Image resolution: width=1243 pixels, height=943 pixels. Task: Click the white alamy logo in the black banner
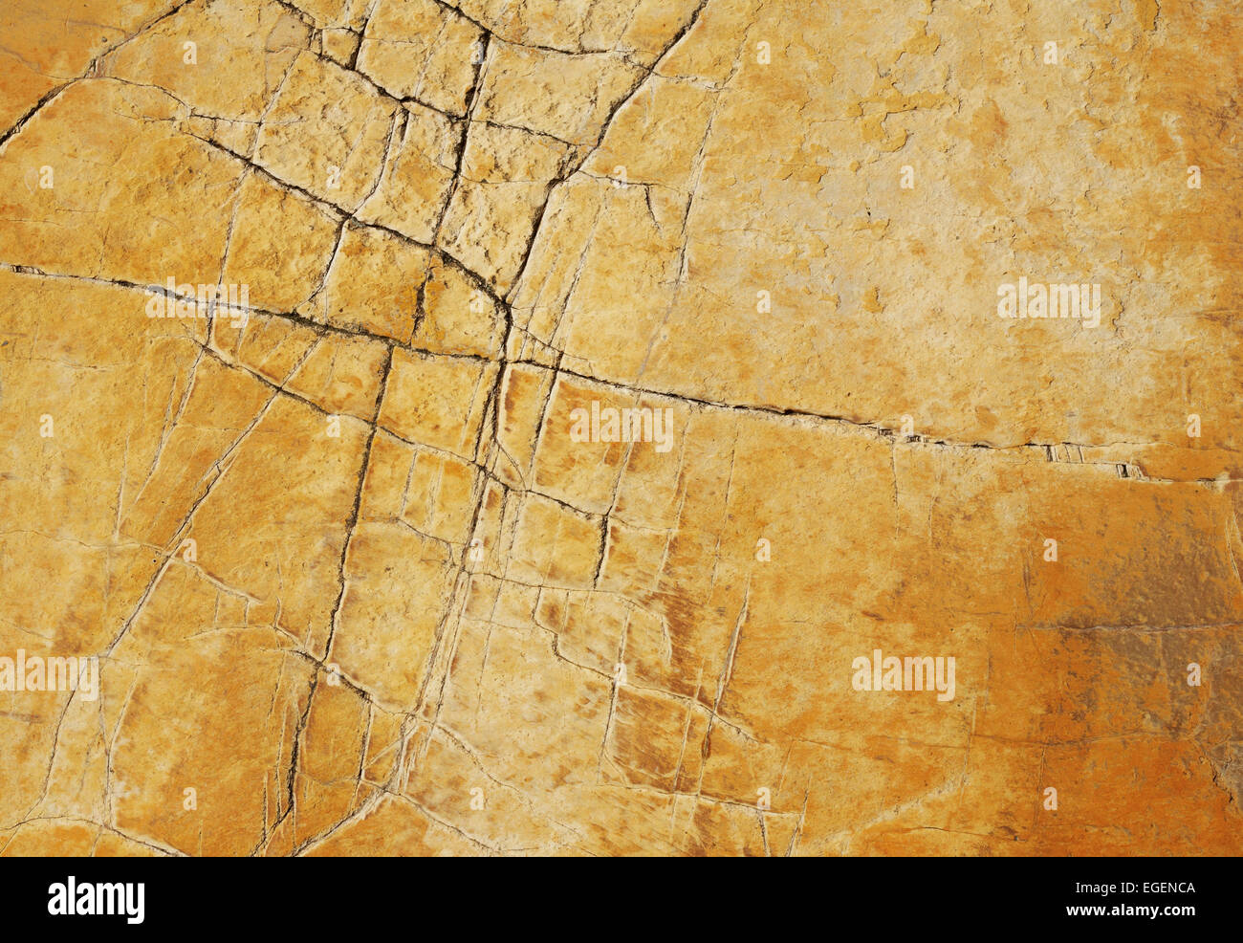point(96,900)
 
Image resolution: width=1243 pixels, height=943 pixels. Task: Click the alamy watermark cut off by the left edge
point(48,674)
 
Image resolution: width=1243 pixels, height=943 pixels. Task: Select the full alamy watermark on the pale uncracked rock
point(1048,302)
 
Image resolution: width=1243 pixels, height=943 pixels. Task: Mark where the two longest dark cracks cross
point(504,362)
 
